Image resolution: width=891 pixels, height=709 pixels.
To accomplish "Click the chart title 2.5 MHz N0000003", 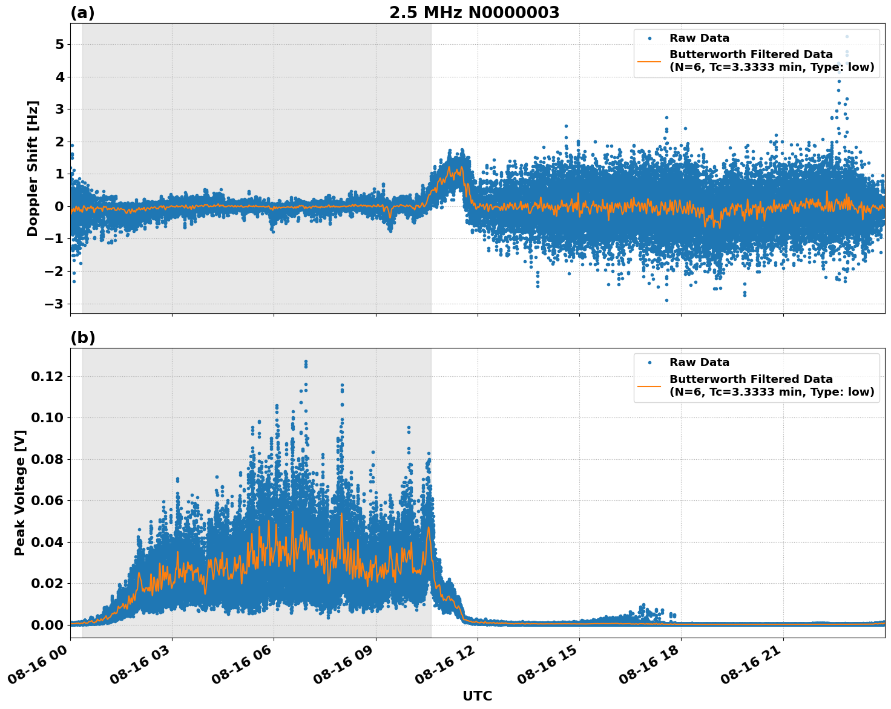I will click(474, 13).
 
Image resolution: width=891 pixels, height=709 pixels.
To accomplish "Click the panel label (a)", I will click(82, 13).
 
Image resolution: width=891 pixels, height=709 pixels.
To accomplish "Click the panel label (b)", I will click(82, 338).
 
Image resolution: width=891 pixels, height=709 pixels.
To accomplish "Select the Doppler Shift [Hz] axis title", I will click(33, 168).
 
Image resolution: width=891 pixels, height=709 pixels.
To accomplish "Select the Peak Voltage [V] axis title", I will click(20, 492).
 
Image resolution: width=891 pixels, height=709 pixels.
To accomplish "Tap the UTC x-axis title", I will click(477, 696).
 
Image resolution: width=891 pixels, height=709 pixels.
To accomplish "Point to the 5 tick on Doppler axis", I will click(59, 45).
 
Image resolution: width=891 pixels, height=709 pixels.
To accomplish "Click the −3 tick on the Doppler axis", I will click(56, 304).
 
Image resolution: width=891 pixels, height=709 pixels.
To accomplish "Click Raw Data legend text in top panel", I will click(699, 38).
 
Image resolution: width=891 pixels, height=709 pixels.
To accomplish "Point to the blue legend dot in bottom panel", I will click(649, 362).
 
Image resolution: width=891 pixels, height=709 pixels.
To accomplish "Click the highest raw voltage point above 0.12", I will click(306, 362).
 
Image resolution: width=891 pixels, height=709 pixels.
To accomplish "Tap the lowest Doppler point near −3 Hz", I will click(667, 300).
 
